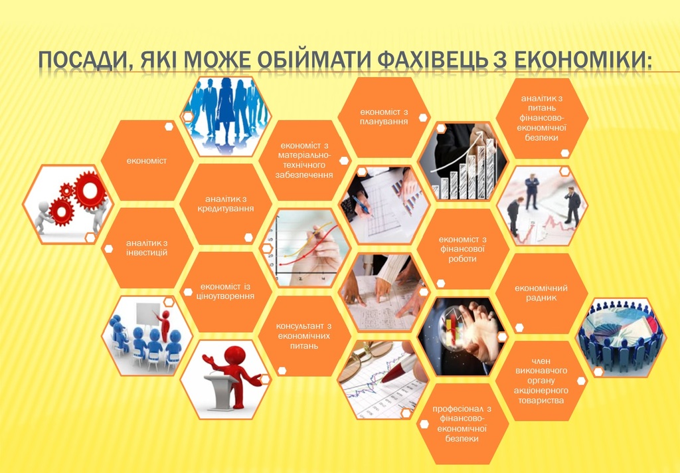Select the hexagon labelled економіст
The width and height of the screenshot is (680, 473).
tap(147, 161)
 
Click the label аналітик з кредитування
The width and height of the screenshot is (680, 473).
tap(226, 204)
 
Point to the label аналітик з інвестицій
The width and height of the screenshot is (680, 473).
tap(147, 248)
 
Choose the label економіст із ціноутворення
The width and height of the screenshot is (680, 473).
tap(226, 292)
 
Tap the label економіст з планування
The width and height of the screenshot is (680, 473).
tap(384, 117)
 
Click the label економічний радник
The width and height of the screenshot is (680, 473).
tap(541, 293)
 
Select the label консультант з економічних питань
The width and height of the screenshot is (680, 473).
tap(304, 336)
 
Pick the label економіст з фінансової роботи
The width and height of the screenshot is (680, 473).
tap(462, 249)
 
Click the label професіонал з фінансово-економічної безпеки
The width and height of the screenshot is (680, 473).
tap(462, 424)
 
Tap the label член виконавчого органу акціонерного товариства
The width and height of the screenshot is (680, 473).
tap(541, 381)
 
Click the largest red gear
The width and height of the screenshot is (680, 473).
tap(90, 191)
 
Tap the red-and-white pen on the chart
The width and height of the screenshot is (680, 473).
tap(400, 369)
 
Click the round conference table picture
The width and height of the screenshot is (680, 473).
tap(621, 337)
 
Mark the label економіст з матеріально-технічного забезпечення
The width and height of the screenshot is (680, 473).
tap(304, 160)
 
